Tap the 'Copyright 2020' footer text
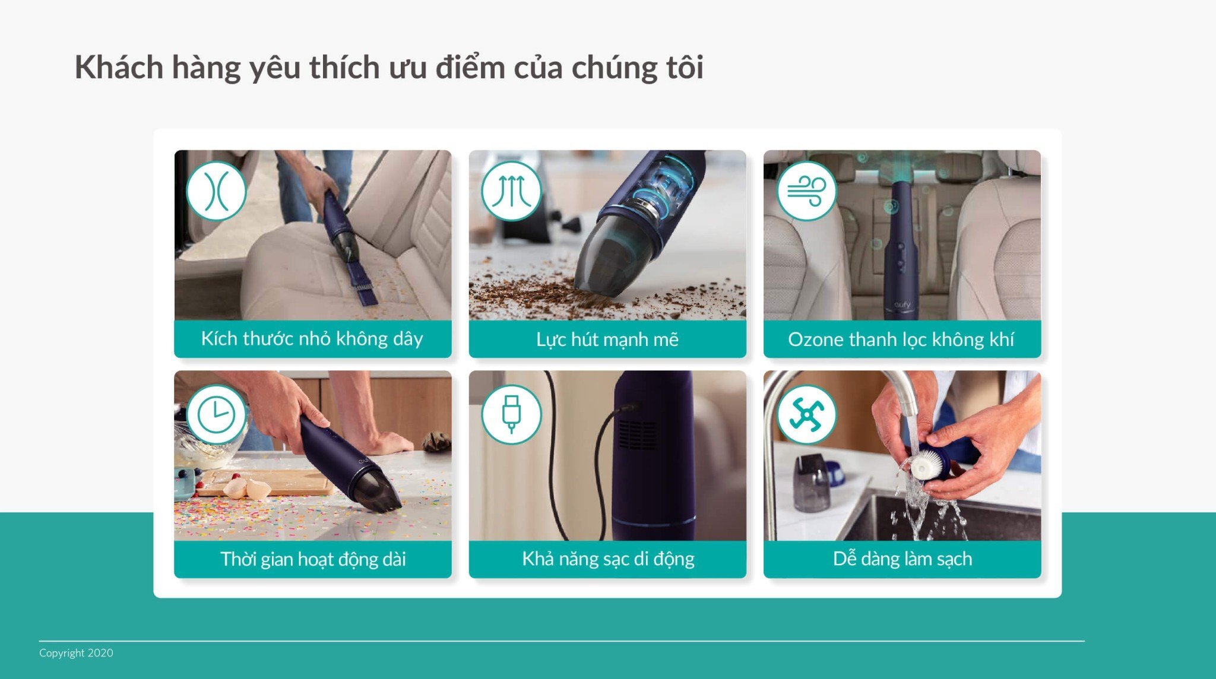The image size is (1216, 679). (x=76, y=653)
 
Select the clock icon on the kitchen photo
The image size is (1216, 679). (x=216, y=414)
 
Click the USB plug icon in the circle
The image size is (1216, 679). (x=511, y=414)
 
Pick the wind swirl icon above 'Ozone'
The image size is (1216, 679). (x=806, y=191)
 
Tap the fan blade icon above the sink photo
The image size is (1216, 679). (x=806, y=414)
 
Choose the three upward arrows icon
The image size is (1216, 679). (x=511, y=191)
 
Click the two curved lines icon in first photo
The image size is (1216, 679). (x=216, y=191)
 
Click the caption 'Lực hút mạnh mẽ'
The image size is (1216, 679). (x=607, y=339)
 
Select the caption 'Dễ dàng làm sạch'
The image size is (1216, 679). (x=902, y=559)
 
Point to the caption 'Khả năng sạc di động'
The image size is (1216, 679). (x=607, y=559)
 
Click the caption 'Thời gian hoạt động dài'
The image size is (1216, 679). (x=313, y=559)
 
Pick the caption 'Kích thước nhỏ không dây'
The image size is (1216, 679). (x=312, y=339)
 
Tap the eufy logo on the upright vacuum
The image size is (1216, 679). (x=902, y=305)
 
